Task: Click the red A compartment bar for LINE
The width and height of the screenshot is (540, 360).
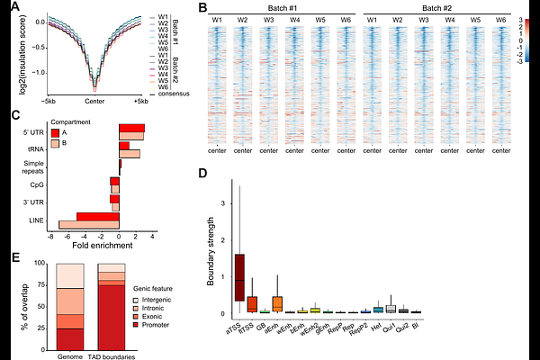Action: [x=97, y=216]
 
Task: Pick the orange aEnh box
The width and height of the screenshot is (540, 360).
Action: [x=277, y=304]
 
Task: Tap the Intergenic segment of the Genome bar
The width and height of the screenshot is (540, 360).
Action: [x=70, y=275]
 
